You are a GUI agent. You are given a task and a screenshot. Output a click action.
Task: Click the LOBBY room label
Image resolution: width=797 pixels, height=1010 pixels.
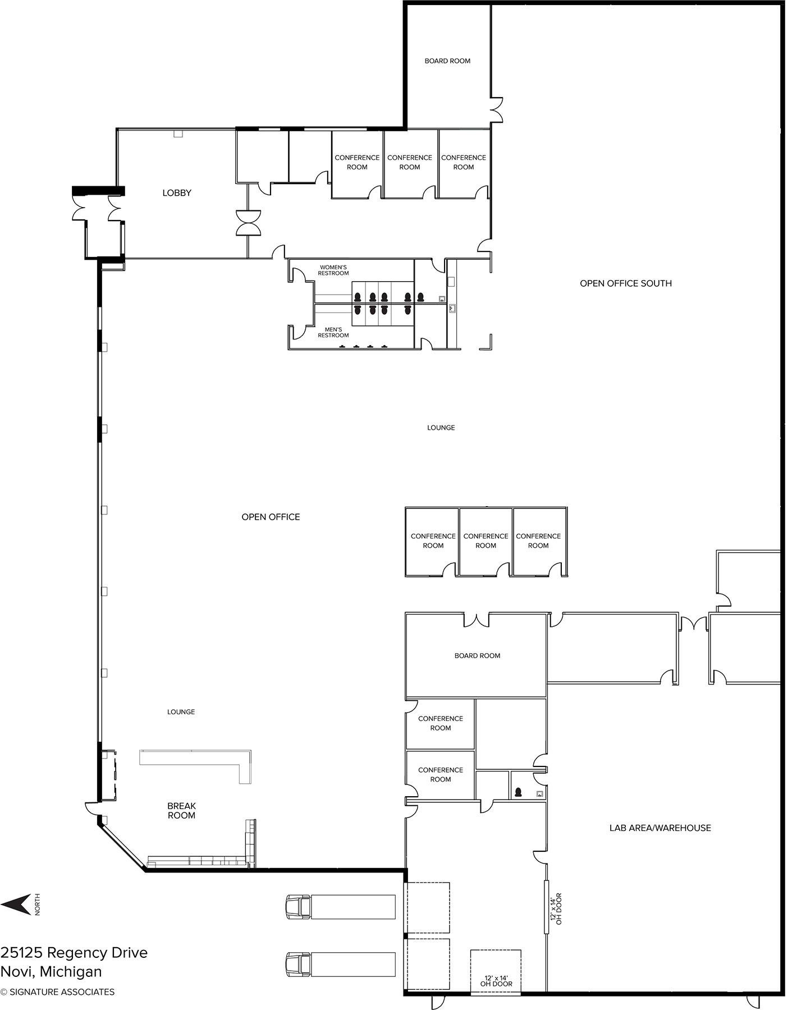point(177,193)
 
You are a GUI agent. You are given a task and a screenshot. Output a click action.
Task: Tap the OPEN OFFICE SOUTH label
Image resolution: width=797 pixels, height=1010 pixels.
point(626,283)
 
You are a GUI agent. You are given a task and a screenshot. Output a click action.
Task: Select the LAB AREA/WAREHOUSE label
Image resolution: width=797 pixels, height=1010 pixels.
point(660,828)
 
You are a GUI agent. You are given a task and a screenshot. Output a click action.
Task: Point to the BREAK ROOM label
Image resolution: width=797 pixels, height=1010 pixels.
point(181,811)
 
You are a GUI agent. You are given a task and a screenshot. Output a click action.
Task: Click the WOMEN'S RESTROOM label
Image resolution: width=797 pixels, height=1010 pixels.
point(333,270)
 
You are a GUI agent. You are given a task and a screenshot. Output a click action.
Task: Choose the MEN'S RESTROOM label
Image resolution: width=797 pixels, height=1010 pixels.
point(333,332)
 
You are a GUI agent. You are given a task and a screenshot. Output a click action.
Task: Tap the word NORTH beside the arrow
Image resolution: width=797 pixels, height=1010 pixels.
point(38,905)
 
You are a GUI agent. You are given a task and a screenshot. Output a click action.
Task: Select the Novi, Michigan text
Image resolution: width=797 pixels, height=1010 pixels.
point(51,972)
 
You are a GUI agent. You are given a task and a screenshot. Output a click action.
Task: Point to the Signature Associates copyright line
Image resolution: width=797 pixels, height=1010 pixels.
point(57,992)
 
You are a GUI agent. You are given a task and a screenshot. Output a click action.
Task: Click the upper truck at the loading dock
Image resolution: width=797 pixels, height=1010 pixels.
point(341,907)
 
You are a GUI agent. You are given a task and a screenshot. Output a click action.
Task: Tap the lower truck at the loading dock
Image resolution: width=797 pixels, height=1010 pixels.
point(341,964)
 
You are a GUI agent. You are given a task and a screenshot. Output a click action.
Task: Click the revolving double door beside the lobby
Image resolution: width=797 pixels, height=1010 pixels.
point(248,223)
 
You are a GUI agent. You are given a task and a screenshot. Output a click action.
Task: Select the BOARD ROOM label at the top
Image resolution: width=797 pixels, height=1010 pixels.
point(447,61)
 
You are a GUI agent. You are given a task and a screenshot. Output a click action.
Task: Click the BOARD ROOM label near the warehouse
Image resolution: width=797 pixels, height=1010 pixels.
point(477,655)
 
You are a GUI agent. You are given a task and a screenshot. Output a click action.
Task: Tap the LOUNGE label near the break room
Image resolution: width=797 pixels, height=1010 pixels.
point(181,712)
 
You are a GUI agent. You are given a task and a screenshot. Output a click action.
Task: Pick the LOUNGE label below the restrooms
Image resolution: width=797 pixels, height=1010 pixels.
point(441,428)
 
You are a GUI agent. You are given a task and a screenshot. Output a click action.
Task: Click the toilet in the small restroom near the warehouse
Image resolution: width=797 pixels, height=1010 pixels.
point(519,792)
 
